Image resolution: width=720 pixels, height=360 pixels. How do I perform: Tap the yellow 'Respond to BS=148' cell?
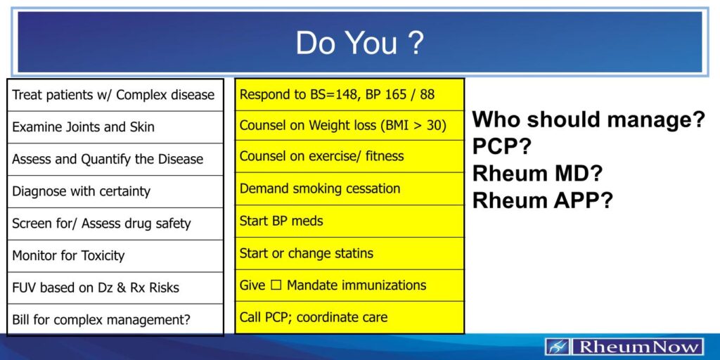coord(349,94)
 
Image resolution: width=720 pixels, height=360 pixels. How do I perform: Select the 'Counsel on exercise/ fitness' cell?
coord(349,156)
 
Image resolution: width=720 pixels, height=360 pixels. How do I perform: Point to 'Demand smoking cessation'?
coord(349,188)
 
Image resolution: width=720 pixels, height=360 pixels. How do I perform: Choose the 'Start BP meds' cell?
coord(349,221)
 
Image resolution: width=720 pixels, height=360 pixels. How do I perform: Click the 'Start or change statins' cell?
coord(349,253)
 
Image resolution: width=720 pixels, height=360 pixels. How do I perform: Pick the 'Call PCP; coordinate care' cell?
coord(349,318)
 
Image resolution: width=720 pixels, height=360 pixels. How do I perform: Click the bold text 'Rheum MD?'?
coord(537,173)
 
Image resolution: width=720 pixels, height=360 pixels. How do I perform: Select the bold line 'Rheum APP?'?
coord(543,200)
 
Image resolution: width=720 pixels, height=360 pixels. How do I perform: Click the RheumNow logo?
coord(624,347)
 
